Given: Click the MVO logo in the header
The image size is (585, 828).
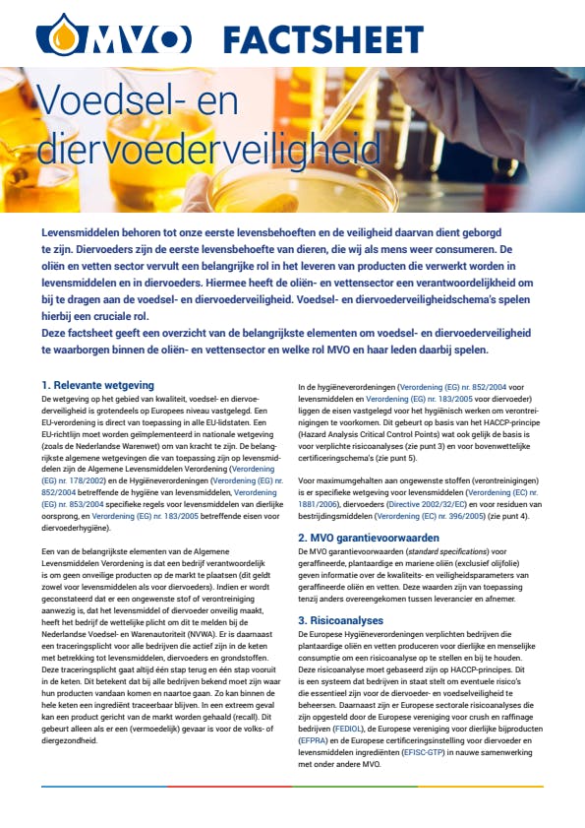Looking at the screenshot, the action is (114, 38).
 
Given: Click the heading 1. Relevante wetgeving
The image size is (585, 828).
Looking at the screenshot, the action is (97, 384).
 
